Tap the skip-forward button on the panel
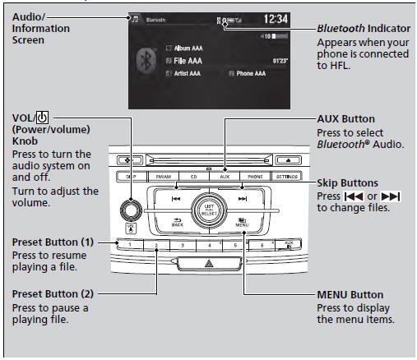point(241,198)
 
